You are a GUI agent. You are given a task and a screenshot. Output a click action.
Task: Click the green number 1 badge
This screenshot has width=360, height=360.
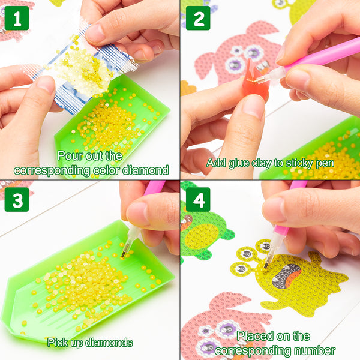coord(17,18)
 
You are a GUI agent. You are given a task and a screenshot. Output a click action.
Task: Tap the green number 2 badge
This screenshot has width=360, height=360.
coord(198,18)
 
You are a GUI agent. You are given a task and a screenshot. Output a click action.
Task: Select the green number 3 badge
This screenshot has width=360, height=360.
coord(17,200)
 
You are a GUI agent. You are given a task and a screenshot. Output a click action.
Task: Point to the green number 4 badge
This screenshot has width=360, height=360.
coord(198,200)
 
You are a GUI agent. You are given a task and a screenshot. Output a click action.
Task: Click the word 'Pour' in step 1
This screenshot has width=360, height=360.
coord(70,155)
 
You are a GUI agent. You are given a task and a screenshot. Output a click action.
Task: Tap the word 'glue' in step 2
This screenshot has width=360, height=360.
coord(239,163)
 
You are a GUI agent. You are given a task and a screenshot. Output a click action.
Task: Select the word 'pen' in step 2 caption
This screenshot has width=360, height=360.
coord(325,164)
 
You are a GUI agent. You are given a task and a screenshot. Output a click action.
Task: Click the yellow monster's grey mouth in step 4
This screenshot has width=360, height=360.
coord(286,276)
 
